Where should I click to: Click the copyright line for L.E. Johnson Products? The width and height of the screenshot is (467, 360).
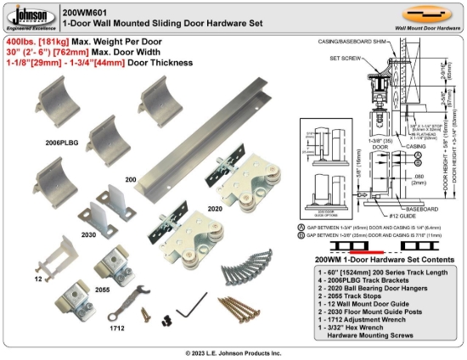click(233, 352)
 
